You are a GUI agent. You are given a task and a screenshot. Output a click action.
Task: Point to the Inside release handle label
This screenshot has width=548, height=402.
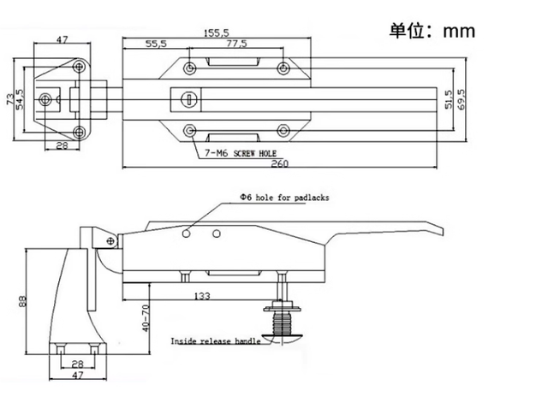215,341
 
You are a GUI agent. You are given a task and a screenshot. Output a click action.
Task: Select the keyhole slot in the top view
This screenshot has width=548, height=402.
188,100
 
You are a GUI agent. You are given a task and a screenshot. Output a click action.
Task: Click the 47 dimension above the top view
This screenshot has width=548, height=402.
63,39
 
